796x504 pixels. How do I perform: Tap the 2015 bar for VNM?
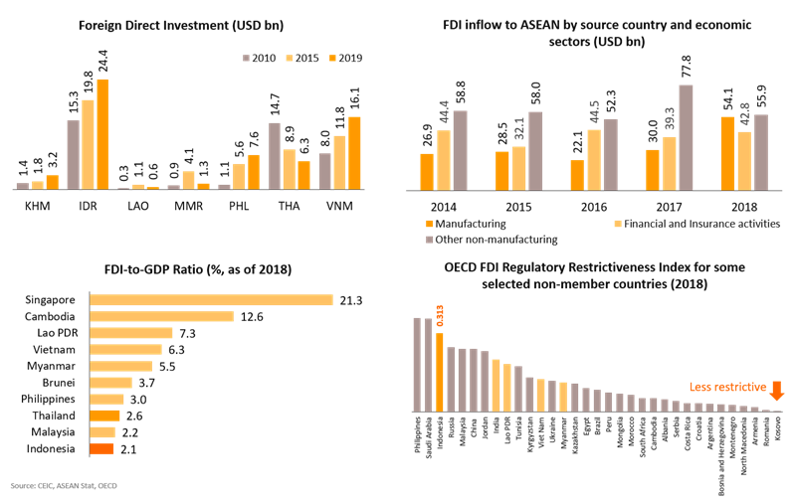[339, 162]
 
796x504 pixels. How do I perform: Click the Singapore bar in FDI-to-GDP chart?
[211, 299]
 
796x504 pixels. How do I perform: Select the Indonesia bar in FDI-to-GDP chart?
[102, 449]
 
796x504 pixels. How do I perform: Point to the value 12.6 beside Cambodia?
[251, 316]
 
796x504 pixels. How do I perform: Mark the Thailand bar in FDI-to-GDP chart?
[104, 416]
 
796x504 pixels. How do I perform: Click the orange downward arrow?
[777, 389]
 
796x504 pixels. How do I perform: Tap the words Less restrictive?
[727, 387]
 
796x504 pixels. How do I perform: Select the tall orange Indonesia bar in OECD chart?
[439, 371]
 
